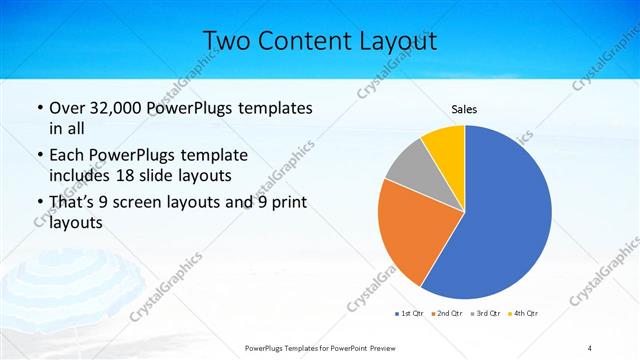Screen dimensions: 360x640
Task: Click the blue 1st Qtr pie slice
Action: pos(500,220)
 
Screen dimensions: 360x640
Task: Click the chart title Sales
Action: pos(464,108)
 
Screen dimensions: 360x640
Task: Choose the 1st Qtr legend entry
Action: pos(410,314)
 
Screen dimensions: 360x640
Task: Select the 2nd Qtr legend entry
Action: pos(448,314)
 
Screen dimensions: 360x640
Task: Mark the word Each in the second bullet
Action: pos(69,156)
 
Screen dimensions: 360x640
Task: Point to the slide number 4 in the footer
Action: pos(590,347)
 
